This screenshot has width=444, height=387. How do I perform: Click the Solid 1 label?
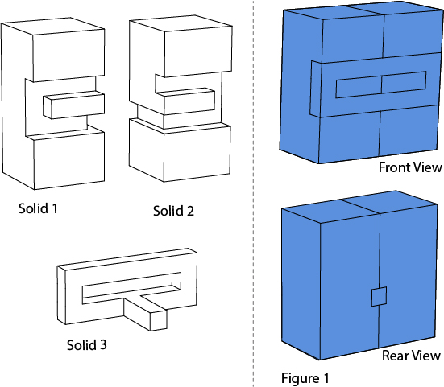(38, 208)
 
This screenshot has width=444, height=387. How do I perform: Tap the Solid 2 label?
(173, 211)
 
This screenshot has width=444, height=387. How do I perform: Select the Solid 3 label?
(87, 345)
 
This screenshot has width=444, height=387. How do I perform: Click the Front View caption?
(410, 167)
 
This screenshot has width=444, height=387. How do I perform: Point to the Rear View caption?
(411, 356)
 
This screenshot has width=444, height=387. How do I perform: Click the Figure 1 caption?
(305, 378)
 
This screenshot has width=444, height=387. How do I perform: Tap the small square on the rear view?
(380, 296)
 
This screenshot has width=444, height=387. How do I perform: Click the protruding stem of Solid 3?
(145, 312)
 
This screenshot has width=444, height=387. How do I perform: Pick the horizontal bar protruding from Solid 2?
(185, 101)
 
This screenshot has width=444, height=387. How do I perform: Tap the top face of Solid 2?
(181, 25)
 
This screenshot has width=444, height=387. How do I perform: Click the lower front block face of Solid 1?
(69, 160)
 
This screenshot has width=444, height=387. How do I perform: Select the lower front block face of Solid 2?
(197, 153)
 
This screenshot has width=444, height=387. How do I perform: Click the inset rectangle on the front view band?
(381, 84)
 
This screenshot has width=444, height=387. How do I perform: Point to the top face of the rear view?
(359, 207)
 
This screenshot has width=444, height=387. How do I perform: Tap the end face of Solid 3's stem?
(158, 320)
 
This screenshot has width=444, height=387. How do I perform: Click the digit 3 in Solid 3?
(103, 345)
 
